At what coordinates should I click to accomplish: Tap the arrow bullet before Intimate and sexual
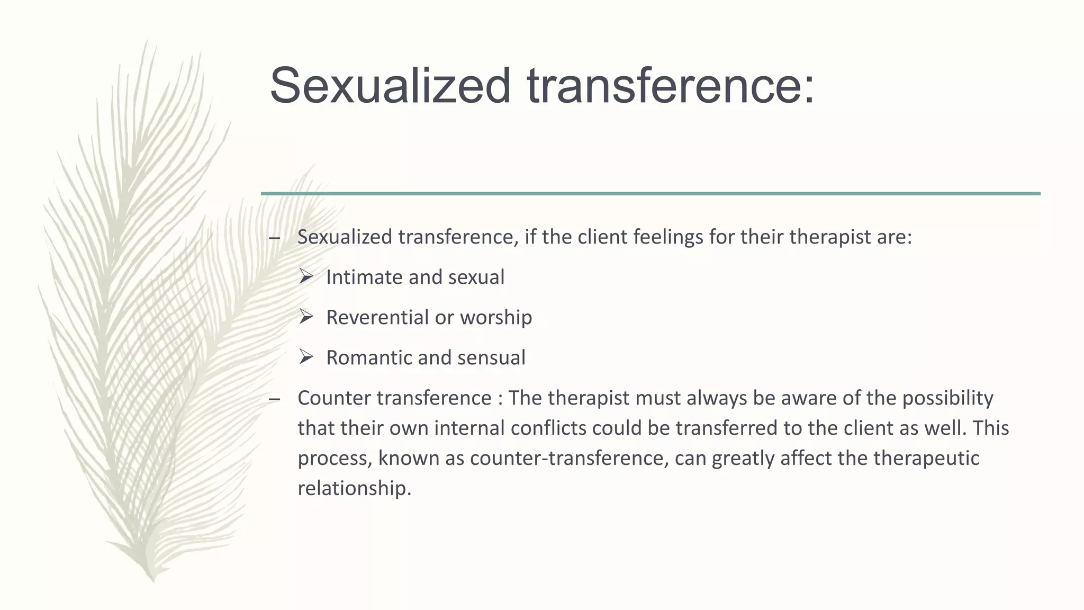pyautogui.click(x=306, y=276)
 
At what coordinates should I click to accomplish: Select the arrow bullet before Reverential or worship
pyautogui.click(x=306, y=316)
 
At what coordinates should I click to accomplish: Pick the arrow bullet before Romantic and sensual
pyautogui.click(x=306, y=356)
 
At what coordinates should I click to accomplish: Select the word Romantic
pyautogui.click(x=368, y=357)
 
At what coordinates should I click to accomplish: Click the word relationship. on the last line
pyautogui.click(x=354, y=488)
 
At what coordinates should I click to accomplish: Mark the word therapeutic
pyautogui.click(x=926, y=458)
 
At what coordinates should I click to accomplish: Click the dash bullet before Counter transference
pyautogui.click(x=274, y=399)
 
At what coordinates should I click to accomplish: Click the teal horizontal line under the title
pyautogui.click(x=651, y=194)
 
